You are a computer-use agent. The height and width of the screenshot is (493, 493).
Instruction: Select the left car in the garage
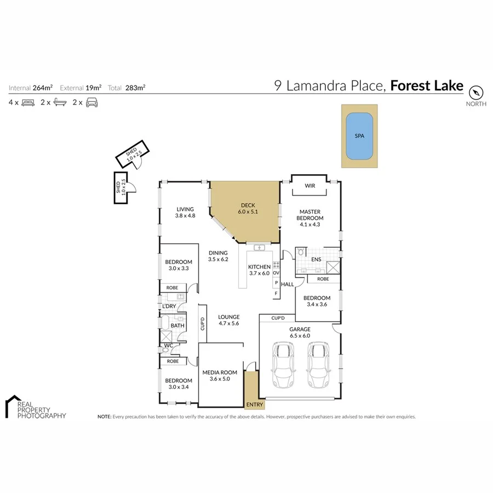point(284,365)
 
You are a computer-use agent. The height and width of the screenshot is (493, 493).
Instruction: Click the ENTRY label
point(255,405)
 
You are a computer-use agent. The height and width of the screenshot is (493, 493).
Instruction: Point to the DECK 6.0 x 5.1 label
point(245,209)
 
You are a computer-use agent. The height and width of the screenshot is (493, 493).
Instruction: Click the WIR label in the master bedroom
point(310,186)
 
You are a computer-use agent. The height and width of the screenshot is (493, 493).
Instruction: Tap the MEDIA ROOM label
point(220,376)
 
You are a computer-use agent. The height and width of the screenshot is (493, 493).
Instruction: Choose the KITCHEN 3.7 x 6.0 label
point(260,270)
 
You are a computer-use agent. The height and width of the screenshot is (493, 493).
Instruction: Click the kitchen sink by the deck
point(260,248)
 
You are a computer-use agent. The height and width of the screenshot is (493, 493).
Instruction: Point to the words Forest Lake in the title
point(427,86)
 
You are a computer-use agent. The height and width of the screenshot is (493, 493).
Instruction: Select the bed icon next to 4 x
point(28,102)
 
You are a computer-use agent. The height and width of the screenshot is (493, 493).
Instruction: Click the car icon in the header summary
point(92,102)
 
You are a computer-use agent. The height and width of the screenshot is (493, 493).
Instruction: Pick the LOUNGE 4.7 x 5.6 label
point(228,320)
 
